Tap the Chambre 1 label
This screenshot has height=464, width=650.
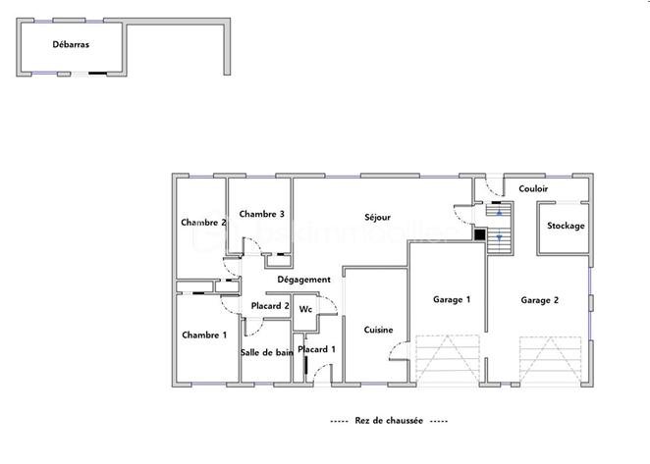[x=204, y=335]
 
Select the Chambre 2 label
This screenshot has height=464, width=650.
[x=204, y=223]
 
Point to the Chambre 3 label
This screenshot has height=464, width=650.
[x=261, y=214]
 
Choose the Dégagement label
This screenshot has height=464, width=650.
[x=303, y=280]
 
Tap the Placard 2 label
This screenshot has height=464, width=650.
[x=270, y=307]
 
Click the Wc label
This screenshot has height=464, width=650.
[x=305, y=309]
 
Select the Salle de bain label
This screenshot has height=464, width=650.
[x=266, y=351]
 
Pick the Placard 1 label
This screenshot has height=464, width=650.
[x=317, y=349]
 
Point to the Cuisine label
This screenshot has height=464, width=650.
[x=378, y=330]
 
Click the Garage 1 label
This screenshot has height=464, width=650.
[x=452, y=299]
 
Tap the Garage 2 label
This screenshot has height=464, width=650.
[x=539, y=300]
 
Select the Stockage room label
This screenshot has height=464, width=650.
[x=566, y=226]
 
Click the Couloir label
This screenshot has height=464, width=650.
[x=533, y=188]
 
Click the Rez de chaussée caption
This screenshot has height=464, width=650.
[x=389, y=420]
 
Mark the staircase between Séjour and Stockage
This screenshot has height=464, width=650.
[x=500, y=228]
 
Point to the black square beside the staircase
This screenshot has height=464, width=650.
[x=479, y=233]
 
